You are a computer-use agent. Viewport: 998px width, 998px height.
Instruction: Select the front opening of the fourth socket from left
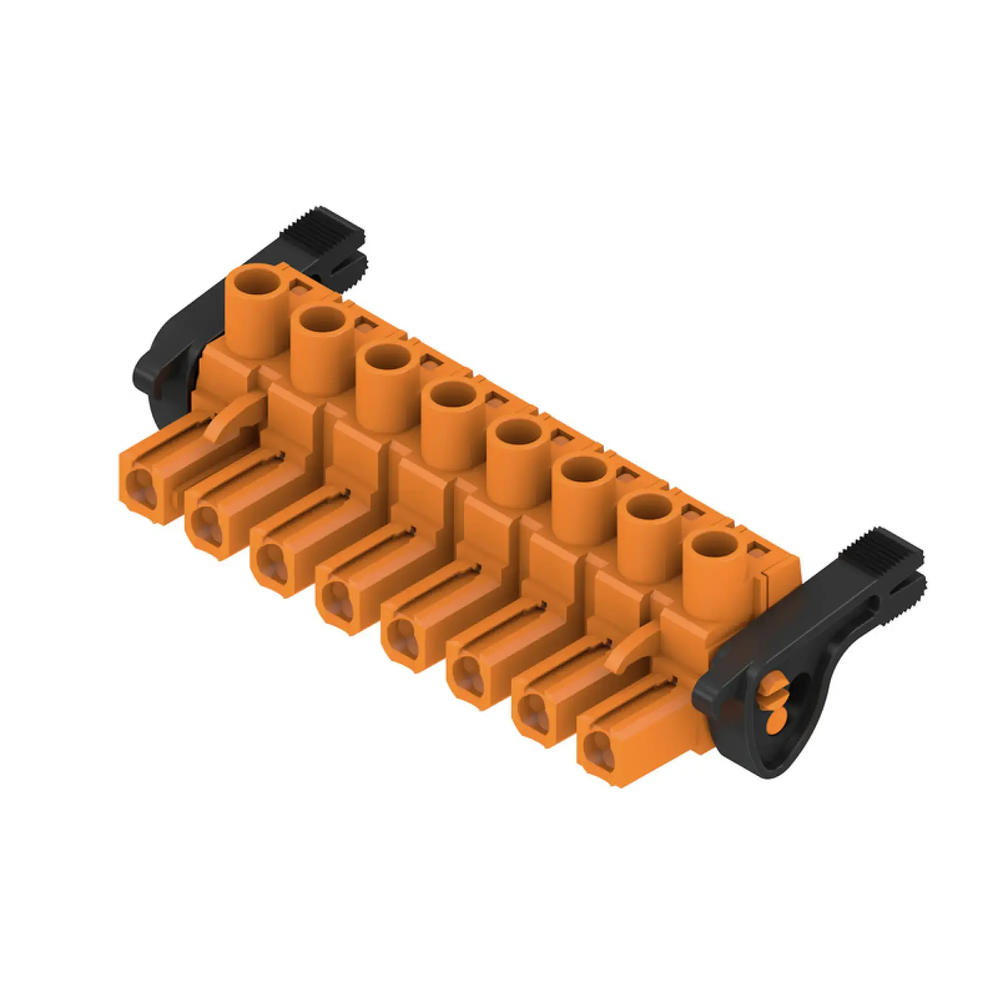point(336,600)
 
